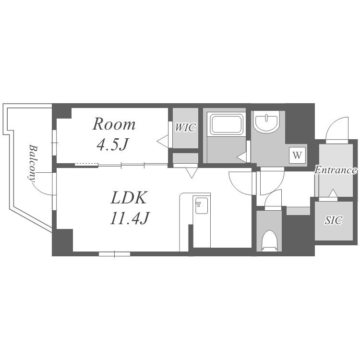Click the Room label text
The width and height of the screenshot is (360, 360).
pos(114,124)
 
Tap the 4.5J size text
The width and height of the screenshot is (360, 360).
pos(112,144)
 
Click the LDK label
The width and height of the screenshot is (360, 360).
pos(129,198)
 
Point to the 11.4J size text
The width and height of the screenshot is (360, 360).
pos(130,218)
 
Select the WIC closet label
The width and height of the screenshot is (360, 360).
pos(185,128)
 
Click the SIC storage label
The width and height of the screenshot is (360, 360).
pos(334,220)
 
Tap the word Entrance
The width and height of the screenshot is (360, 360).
pos(336,170)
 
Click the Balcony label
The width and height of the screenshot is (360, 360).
pos(33,163)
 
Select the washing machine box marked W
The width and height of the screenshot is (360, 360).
pos(297,156)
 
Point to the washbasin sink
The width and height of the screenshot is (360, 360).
pos(266,122)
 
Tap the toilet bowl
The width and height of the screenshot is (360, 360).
pos(269,241)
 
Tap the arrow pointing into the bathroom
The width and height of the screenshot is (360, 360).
pos(242,158)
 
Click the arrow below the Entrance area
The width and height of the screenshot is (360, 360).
pos(333,193)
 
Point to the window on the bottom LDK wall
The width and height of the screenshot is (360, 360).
pos(115,254)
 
